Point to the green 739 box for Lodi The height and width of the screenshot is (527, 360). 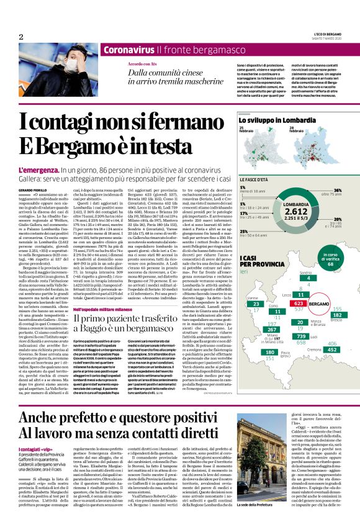pos(304,336)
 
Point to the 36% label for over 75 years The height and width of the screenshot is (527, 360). pos(338,190)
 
